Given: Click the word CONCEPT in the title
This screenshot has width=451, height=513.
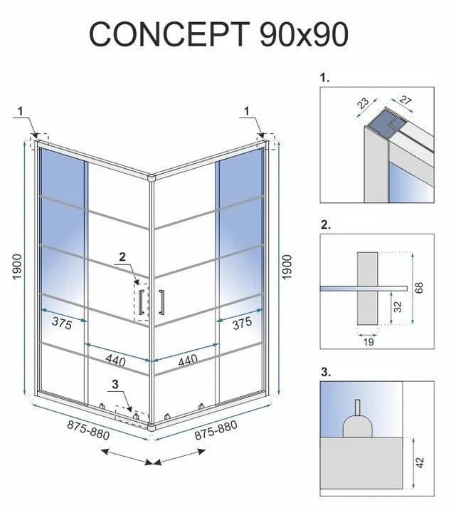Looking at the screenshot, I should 169,33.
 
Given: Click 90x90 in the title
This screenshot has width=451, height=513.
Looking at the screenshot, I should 302,33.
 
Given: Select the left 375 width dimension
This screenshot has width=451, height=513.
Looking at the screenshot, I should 62,321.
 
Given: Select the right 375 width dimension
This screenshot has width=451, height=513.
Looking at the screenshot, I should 242,321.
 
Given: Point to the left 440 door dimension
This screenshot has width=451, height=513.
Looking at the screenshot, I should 116,361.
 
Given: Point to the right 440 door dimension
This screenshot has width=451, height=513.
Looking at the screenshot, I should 188,361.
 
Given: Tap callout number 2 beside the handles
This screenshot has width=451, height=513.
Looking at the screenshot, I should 121,256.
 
